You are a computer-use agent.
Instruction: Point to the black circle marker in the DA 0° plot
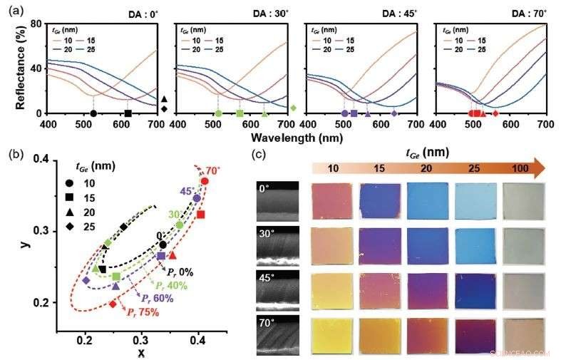[93, 113]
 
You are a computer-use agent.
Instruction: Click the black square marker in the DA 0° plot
[128, 113]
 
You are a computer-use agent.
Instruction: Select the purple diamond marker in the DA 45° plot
[394, 113]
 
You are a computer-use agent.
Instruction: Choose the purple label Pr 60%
[157, 298]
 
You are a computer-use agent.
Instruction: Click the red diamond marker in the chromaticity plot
[113, 304]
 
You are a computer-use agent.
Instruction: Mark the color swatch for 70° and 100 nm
[523, 337]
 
